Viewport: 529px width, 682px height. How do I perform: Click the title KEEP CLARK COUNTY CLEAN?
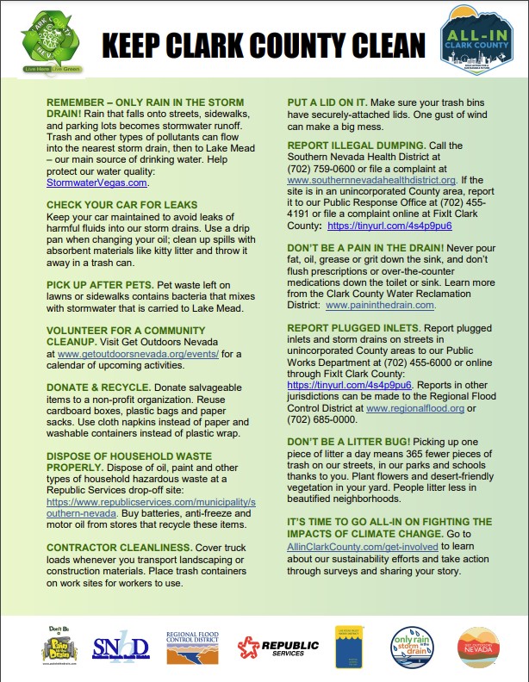click(x=264, y=44)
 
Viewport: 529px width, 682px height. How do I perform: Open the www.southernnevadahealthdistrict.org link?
click(x=371, y=180)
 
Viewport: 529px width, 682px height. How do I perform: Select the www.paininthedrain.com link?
click(x=381, y=305)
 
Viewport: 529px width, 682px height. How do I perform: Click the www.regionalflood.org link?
click(x=415, y=408)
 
